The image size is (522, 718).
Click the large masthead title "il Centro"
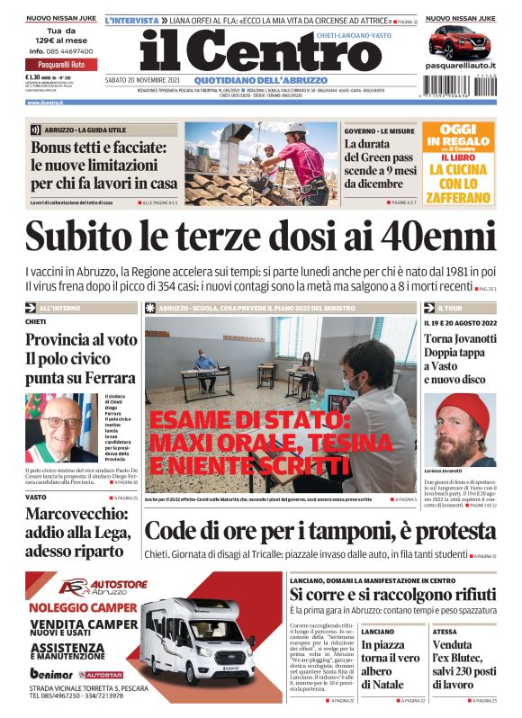tap(247, 51)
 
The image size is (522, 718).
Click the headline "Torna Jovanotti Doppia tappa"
tap(458, 346)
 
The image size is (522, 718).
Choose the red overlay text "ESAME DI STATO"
tap(247, 420)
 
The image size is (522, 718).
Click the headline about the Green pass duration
tap(379, 169)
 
